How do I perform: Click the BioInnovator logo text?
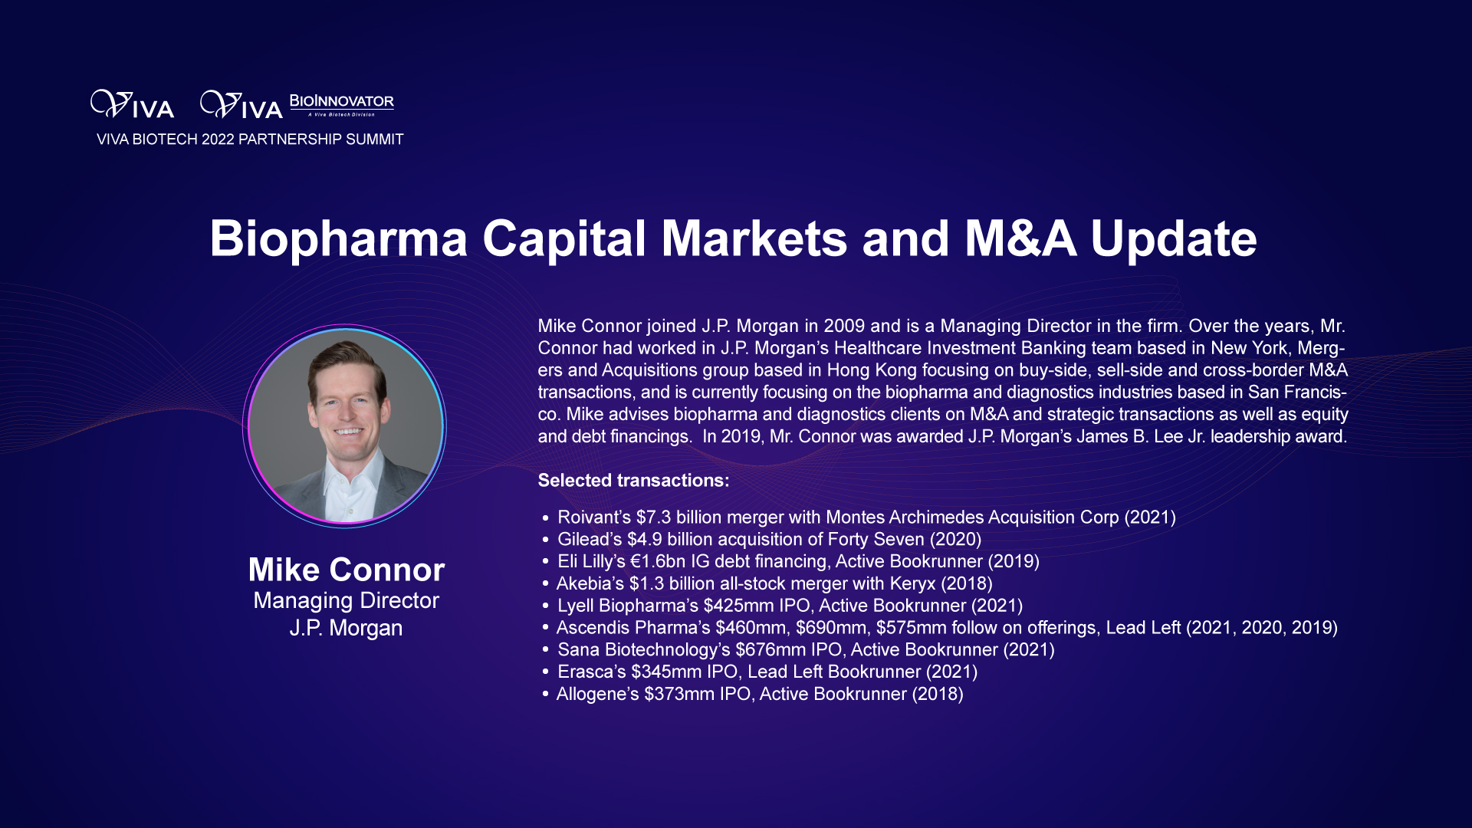coord(342,101)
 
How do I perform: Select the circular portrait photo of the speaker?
coord(345,426)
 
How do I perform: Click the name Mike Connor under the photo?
coord(347,570)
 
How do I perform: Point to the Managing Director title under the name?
coord(347,601)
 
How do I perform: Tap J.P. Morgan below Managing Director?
coord(346,628)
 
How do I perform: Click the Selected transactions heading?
coord(633,481)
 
